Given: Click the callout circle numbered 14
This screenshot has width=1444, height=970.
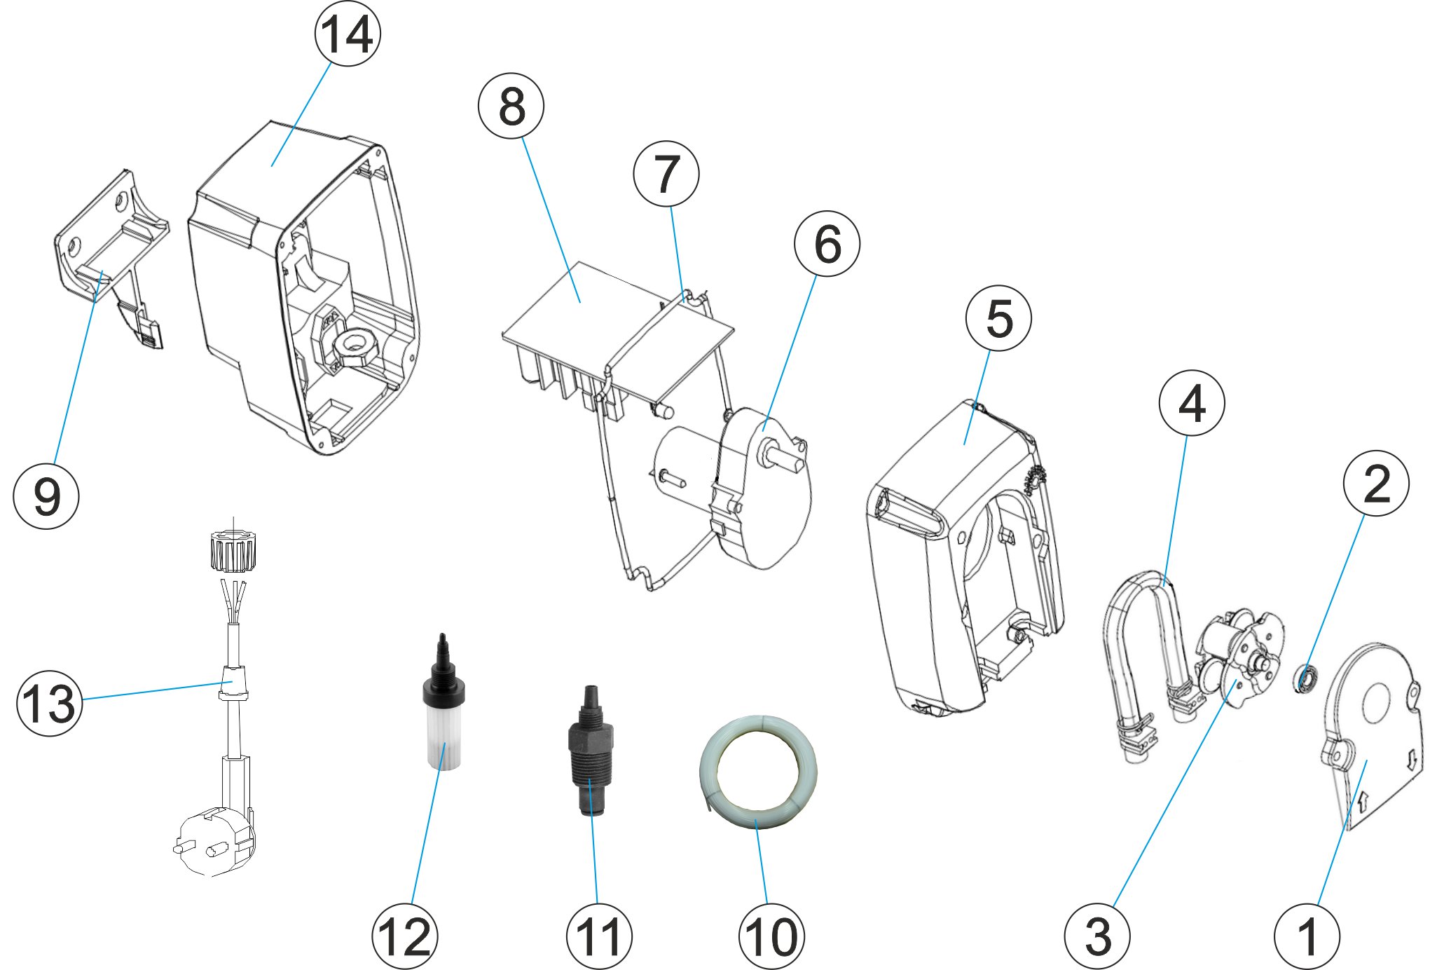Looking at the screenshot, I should click(348, 34).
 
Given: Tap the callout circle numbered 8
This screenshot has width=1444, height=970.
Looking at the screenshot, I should click(511, 107).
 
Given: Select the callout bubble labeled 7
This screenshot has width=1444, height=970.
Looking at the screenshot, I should click(666, 174).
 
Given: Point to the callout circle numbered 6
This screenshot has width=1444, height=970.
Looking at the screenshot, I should click(827, 244).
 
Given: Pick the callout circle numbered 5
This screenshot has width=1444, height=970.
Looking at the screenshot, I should click(998, 318).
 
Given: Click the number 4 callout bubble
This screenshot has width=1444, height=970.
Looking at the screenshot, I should click(1192, 403).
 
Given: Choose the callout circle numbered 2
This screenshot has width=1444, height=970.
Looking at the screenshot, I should click(1376, 484).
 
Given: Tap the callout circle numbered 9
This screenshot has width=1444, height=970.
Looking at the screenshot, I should click(46, 496).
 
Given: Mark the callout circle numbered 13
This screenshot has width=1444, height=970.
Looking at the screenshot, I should click(49, 703).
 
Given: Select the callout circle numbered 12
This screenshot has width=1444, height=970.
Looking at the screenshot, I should click(405, 936).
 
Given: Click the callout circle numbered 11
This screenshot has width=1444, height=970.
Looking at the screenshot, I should click(599, 936).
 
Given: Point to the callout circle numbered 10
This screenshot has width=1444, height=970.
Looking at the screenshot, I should click(771, 936).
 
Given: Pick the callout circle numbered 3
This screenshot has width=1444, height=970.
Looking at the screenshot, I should click(1097, 936).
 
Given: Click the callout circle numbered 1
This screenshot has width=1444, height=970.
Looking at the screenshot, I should click(1307, 936).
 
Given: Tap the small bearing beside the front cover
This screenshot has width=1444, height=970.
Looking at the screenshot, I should click(1305, 680).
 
